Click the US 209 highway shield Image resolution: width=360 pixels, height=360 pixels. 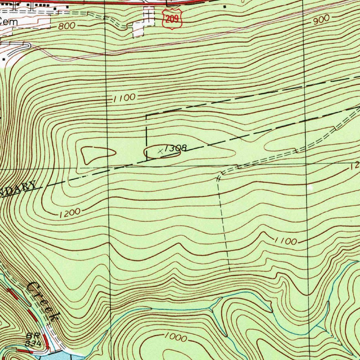(172, 19)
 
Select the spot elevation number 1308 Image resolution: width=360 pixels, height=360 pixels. (175, 148)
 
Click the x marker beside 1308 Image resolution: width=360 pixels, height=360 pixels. (161, 151)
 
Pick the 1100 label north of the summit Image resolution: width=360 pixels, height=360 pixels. (124, 98)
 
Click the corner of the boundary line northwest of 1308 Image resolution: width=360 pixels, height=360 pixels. (146, 115)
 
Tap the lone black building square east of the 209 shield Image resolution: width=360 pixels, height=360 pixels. (225, 6)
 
